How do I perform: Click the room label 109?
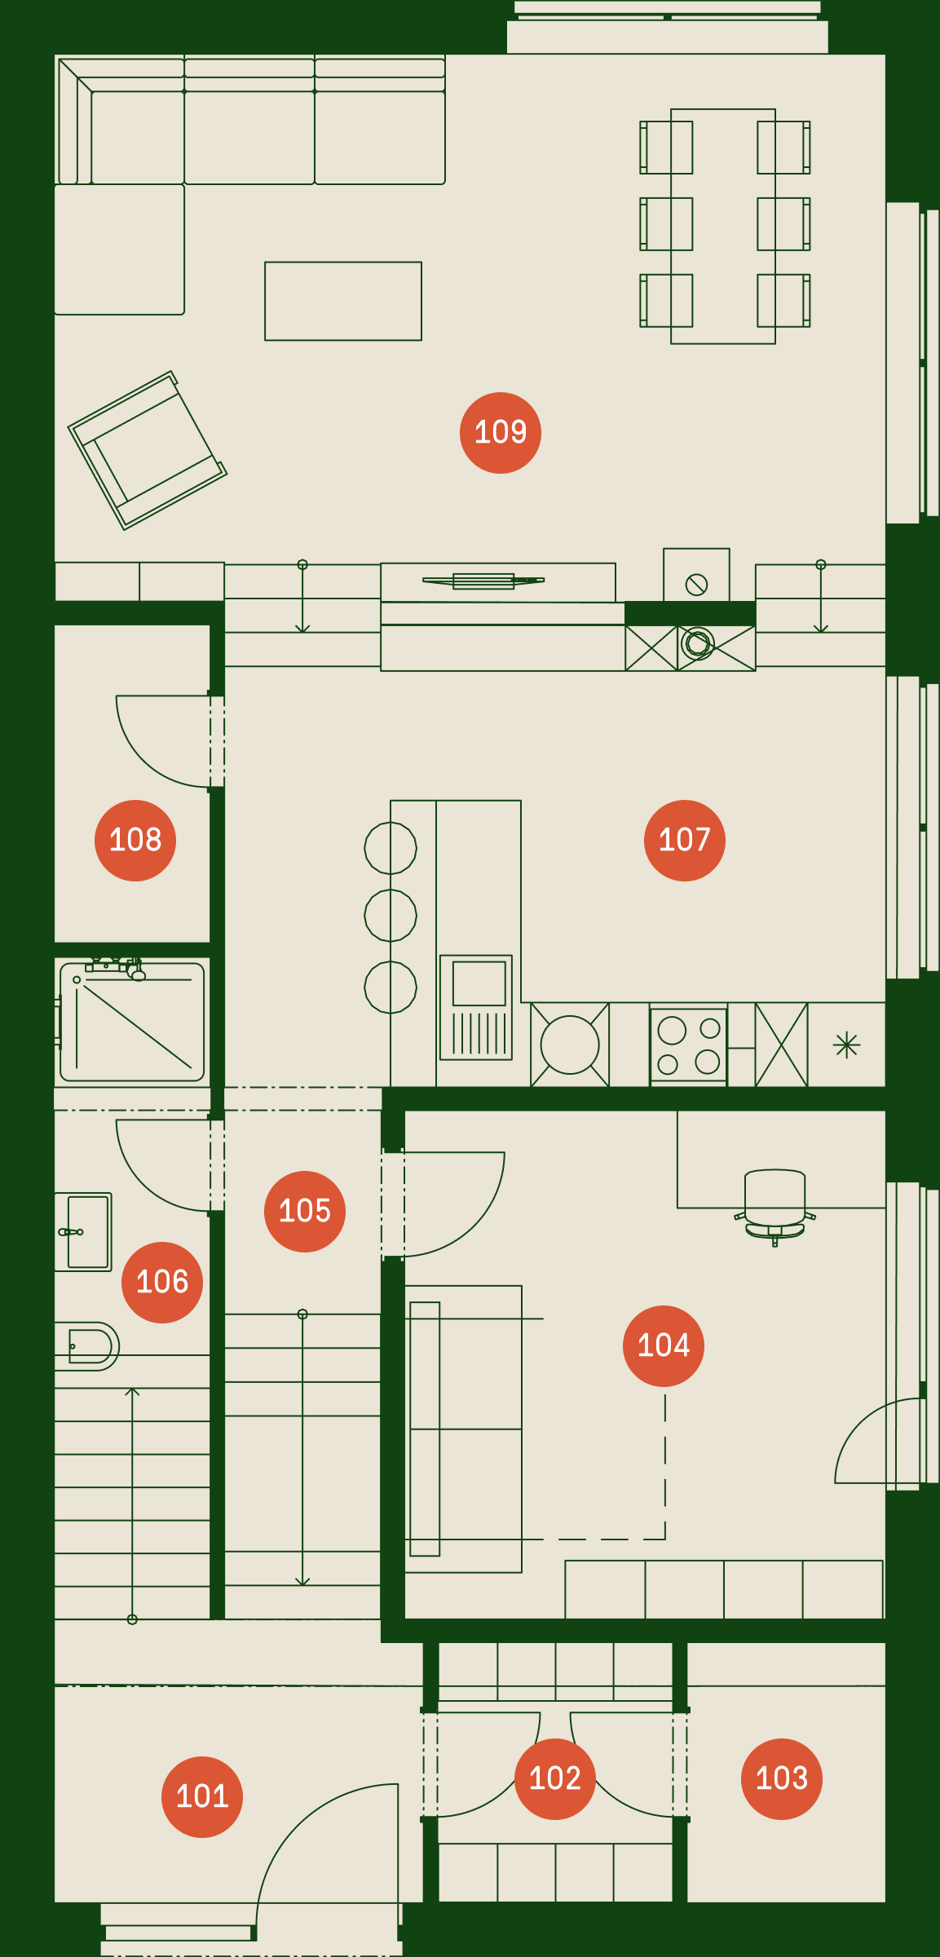click(501, 433)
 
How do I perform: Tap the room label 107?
click(685, 841)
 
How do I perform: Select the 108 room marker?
click(135, 841)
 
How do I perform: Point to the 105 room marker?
click(305, 1212)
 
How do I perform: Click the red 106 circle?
click(162, 1283)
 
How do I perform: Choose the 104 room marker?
click(664, 1346)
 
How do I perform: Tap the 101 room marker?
click(202, 1797)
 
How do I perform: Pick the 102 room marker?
click(555, 1779)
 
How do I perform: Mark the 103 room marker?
click(782, 1779)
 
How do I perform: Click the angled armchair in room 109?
click(148, 451)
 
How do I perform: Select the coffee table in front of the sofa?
click(343, 301)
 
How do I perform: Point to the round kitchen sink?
click(570, 1045)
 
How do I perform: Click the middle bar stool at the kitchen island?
click(391, 916)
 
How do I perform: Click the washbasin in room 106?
click(83, 1232)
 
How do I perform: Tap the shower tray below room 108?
click(132, 1023)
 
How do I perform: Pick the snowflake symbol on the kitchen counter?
click(847, 1045)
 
